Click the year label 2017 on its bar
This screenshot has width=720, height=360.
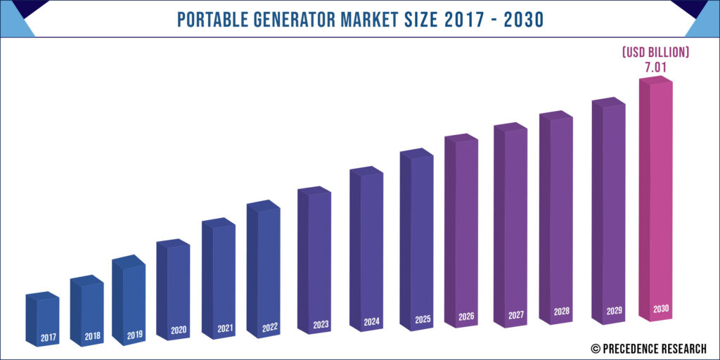48,338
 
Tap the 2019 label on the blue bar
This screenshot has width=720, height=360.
135,335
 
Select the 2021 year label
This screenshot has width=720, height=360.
225,328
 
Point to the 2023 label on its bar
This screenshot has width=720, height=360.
321,324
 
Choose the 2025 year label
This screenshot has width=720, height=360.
423,320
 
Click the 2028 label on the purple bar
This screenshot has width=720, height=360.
562,311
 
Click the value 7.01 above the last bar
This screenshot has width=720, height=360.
654,67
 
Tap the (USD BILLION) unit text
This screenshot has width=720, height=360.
654,53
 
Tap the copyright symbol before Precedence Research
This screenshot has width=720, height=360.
595,348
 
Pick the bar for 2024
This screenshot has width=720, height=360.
372,246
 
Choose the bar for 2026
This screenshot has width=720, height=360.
467,225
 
